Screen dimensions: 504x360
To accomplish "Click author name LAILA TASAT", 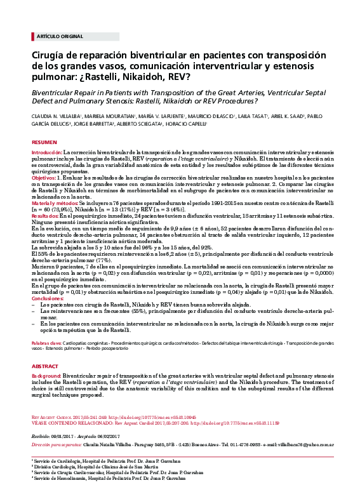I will (237, 117).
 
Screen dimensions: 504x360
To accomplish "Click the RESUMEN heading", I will (44, 143).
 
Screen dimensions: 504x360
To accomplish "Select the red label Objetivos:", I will (44, 180).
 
